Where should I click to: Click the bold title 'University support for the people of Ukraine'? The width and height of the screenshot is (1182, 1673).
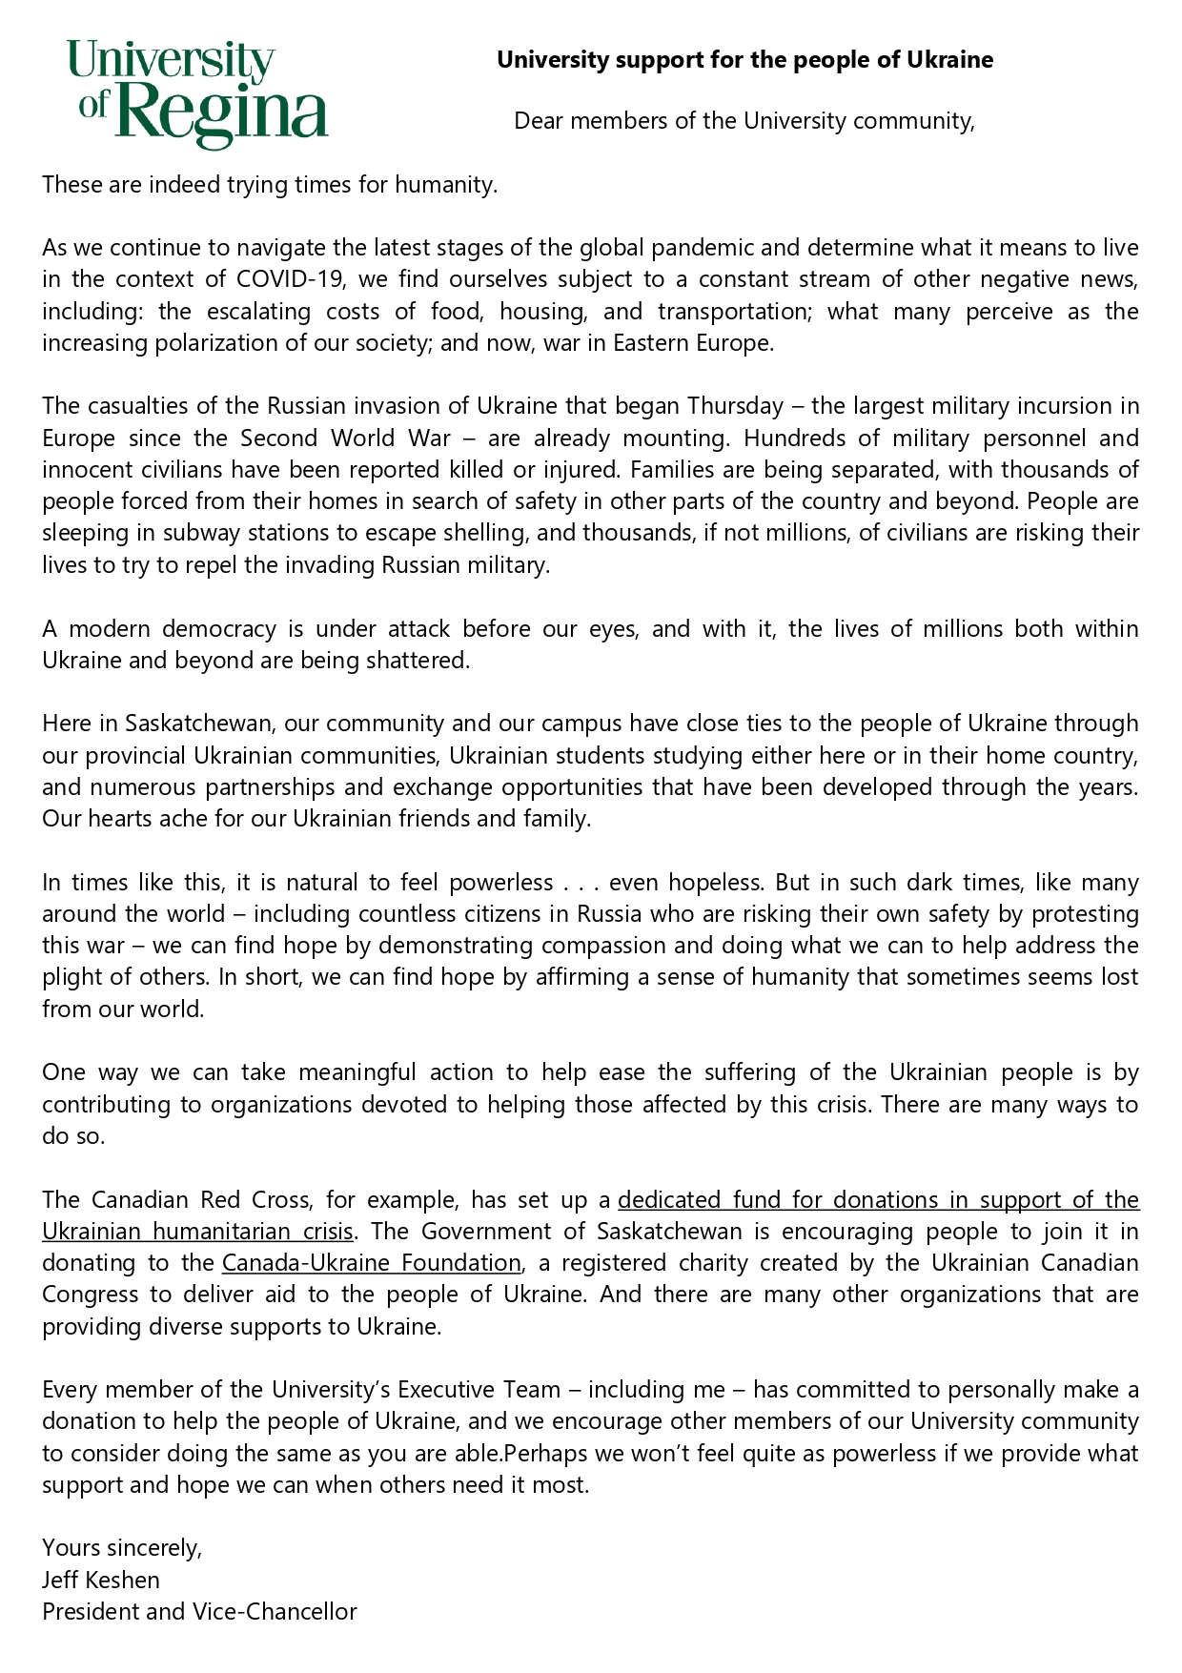[x=744, y=60]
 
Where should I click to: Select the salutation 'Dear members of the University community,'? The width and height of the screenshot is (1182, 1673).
[x=744, y=121]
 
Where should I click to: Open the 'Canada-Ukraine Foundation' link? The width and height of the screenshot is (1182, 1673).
[x=372, y=1263]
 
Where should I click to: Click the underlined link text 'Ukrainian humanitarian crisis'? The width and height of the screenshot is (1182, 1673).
[x=197, y=1232]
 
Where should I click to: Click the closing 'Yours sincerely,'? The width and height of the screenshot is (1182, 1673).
[x=122, y=1547]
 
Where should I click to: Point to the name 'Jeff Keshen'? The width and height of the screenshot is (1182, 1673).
[x=101, y=1580]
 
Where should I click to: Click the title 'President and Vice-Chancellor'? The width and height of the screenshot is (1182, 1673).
[x=199, y=1612]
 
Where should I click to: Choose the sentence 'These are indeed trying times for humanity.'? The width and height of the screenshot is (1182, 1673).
[x=270, y=184]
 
